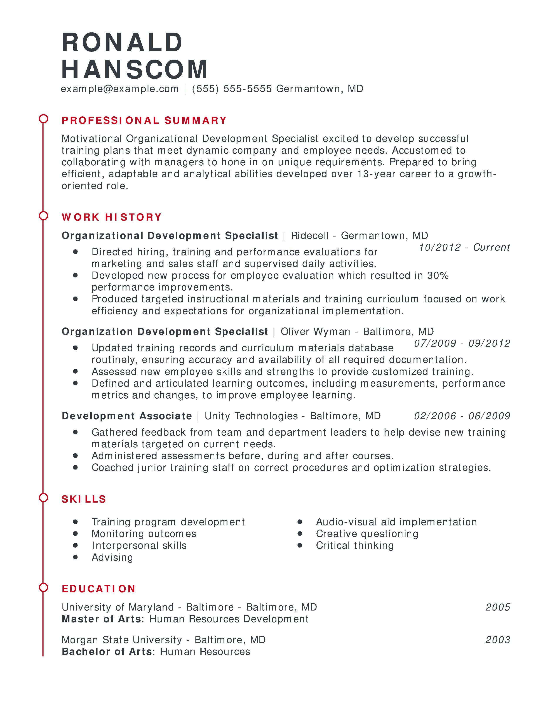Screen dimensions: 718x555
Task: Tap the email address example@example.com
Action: coord(120,89)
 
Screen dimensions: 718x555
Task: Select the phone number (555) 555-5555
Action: coord(232,89)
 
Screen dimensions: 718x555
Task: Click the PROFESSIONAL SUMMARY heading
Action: coord(144,120)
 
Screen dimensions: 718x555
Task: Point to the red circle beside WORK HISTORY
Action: coord(43,216)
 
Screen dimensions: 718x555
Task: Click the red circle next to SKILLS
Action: coord(43,498)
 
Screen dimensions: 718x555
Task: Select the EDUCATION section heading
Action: coord(99,589)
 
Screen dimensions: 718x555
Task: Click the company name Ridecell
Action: coord(310,235)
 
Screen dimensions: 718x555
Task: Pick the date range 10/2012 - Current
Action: coord(464,247)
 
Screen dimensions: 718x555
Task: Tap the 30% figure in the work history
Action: coord(438,275)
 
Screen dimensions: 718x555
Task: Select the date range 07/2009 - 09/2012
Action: coord(462,343)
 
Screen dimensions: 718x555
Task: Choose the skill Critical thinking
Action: coord(355,545)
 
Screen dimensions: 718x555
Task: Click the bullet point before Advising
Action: coord(76,557)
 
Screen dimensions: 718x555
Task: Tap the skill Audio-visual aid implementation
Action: coord(396,522)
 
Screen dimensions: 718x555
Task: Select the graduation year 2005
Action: coord(498,607)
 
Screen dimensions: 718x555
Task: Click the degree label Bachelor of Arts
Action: coord(107,652)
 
